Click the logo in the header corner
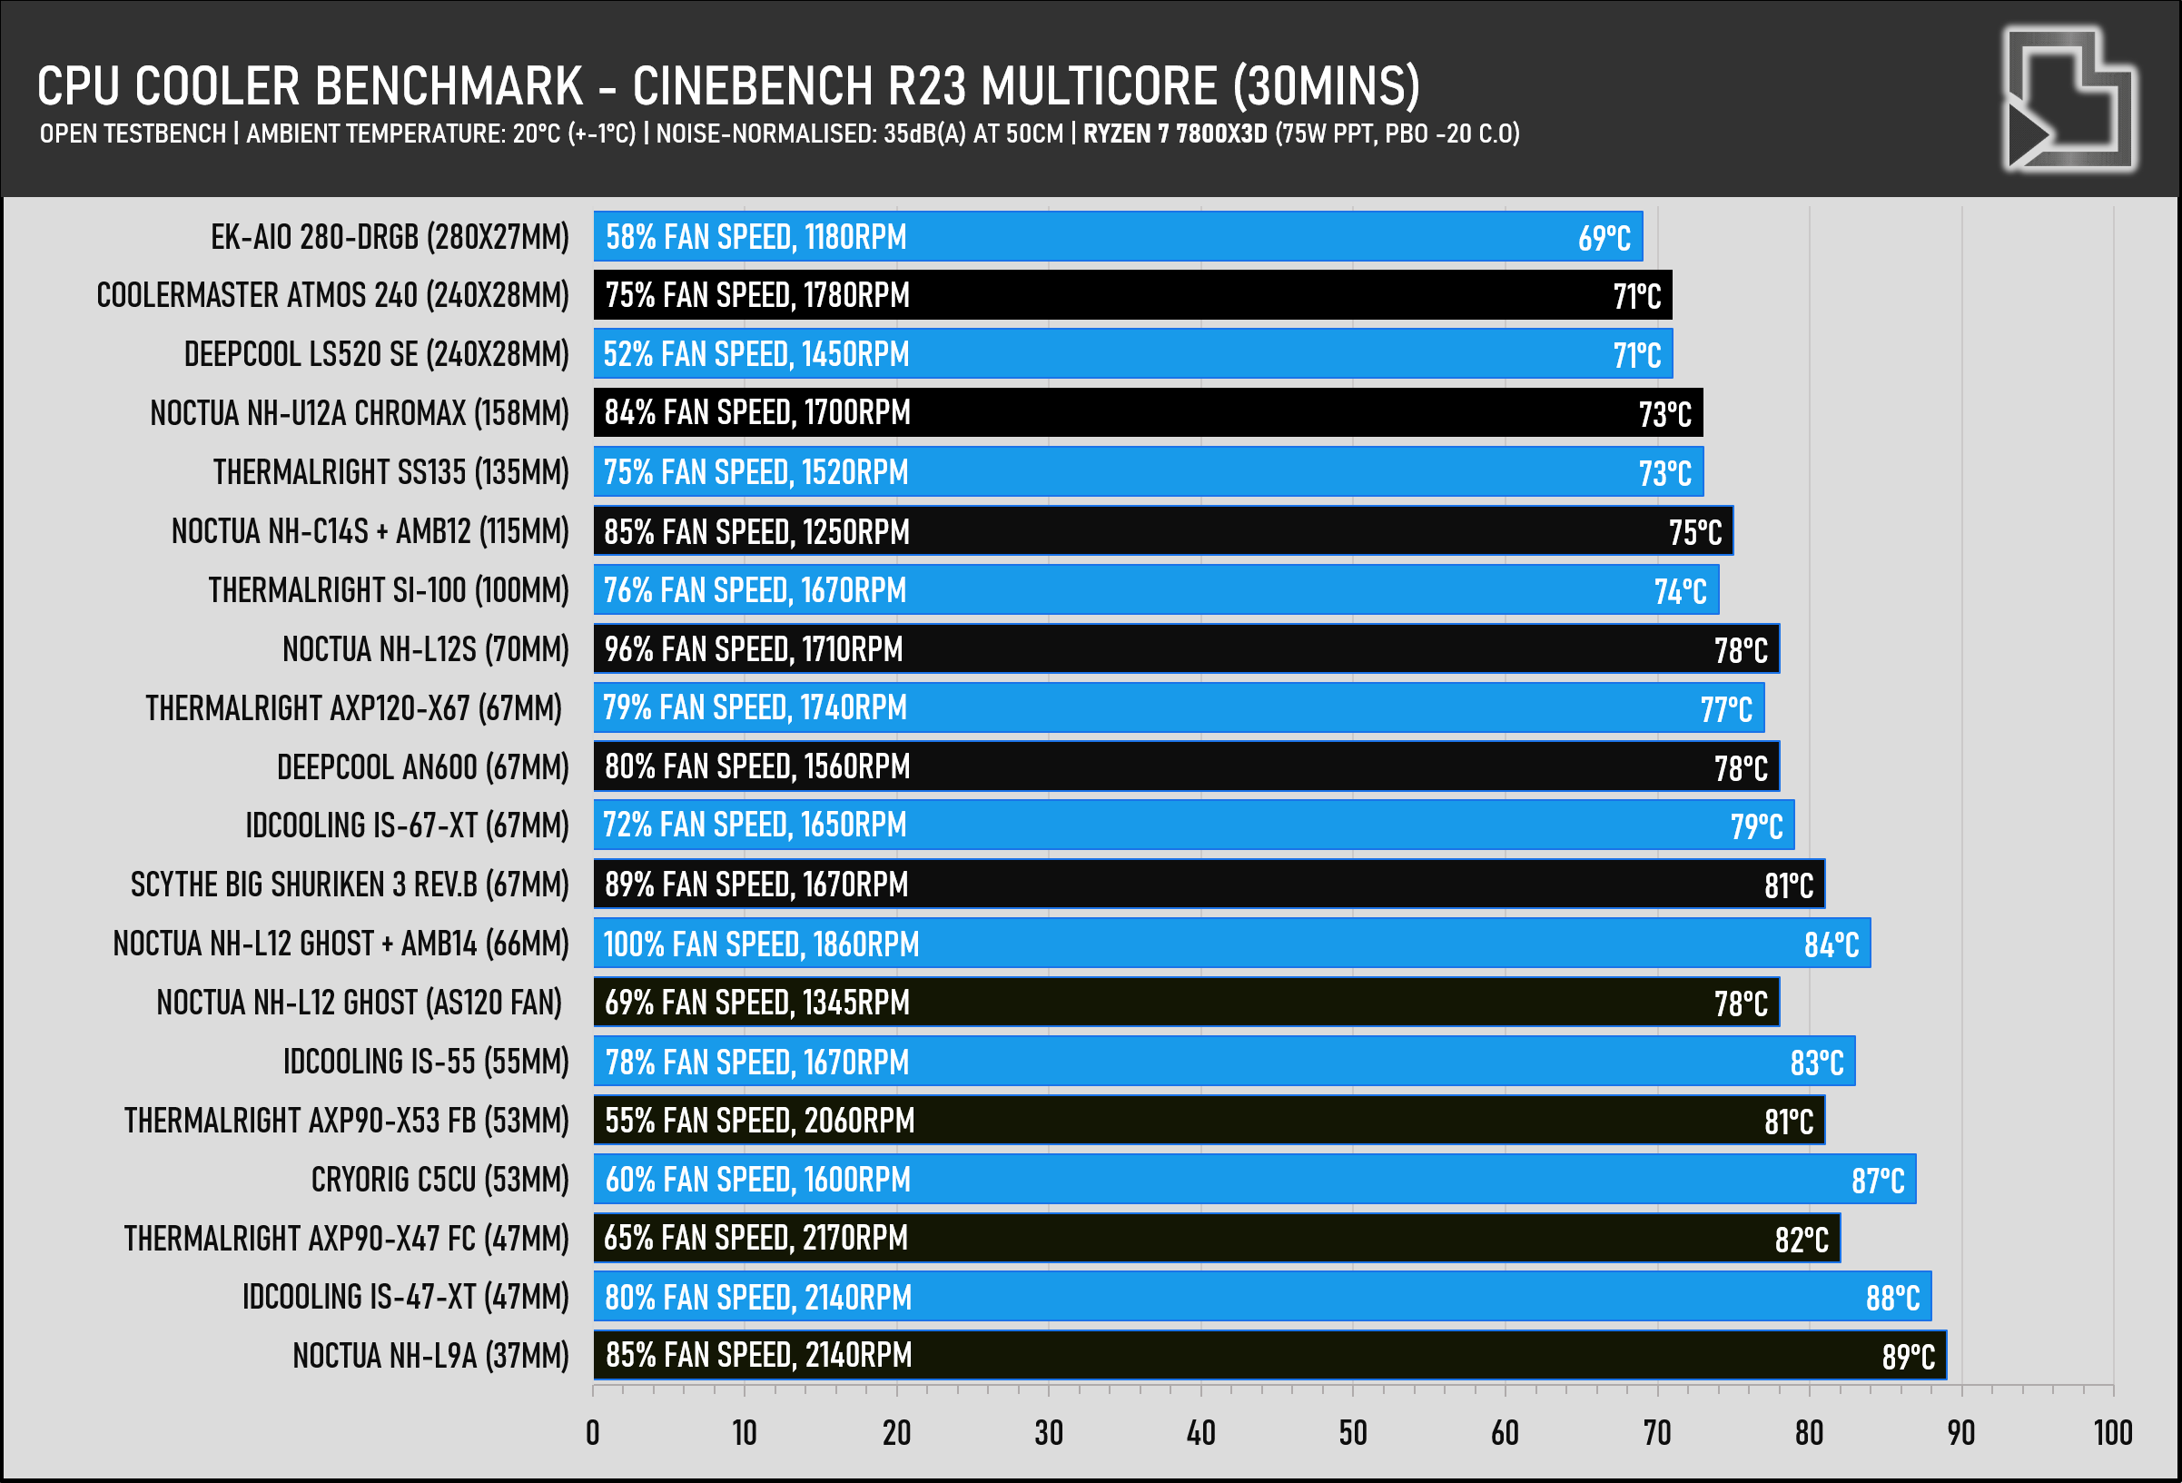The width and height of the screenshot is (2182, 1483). [2071, 99]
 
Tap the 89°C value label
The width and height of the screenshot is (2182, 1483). [1908, 1356]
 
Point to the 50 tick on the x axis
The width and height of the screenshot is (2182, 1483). [1353, 1433]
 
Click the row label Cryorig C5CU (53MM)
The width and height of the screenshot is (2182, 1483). [439, 1180]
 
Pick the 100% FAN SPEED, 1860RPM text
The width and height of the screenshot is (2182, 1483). [761, 944]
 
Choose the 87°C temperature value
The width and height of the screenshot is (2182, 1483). [1878, 1181]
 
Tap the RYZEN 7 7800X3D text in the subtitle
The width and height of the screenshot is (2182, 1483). [1176, 133]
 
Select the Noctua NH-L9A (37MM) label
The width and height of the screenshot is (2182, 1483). [430, 1356]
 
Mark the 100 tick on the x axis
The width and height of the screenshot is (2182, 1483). [2112, 1433]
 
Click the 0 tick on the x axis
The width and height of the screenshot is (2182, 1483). [592, 1433]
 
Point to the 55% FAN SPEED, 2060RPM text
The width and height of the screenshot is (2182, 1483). [758, 1121]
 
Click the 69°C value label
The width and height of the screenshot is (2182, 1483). [1604, 239]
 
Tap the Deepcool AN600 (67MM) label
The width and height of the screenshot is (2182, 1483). [422, 767]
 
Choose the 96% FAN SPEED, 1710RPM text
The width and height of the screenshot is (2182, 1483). [753, 649]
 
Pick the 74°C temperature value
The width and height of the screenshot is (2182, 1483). [1680, 592]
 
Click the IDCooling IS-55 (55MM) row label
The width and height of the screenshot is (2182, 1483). [426, 1062]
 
